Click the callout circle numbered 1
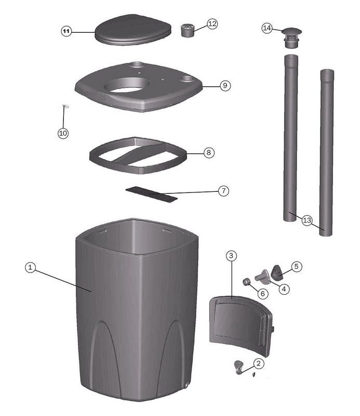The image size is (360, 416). (30, 267)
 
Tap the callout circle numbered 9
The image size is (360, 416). (225, 85)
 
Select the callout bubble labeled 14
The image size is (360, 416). (267, 28)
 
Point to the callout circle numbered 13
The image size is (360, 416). (307, 220)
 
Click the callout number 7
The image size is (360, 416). (223, 190)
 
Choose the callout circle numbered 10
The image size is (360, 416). (63, 133)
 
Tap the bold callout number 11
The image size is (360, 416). (66, 32)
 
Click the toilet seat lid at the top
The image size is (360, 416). (133, 30)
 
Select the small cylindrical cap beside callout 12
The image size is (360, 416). (188, 30)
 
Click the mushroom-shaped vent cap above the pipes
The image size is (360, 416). (291, 37)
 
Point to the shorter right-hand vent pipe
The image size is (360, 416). (326, 152)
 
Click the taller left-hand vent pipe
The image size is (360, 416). (290, 138)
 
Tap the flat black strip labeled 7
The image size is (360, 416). (152, 194)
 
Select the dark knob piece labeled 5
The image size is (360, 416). (277, 272)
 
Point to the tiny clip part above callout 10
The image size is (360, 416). (65, 107)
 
